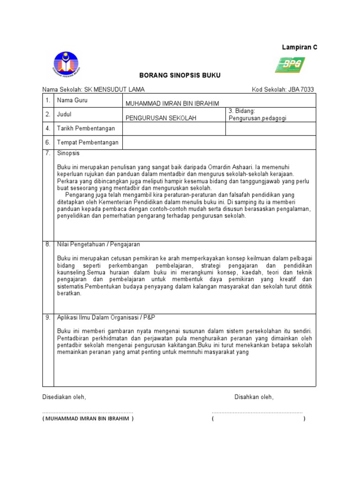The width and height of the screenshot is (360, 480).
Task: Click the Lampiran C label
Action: tap(299, 47)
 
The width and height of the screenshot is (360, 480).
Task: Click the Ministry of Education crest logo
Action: tap(66, 65)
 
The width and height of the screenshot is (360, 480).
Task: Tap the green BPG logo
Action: tap(290, 65)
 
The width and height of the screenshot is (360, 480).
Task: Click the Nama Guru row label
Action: tap(72, 100)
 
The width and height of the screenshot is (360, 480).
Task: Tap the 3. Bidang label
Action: tap(241, 111)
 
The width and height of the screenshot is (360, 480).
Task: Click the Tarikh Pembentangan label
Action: tap(86, 128)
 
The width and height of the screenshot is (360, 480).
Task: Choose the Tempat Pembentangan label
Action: tap(88, 142)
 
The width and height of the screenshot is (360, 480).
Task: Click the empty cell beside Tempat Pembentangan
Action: tap(218, 142)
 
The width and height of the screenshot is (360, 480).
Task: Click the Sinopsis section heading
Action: tap(68, 153)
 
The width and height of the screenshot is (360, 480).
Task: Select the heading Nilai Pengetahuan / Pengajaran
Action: tap(98, 244)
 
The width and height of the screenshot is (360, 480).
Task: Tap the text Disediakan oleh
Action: tap(64, 397)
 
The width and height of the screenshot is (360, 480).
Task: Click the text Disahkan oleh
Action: tap(254, 397)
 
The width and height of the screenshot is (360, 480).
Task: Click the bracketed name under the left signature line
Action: tap(88, 419)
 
